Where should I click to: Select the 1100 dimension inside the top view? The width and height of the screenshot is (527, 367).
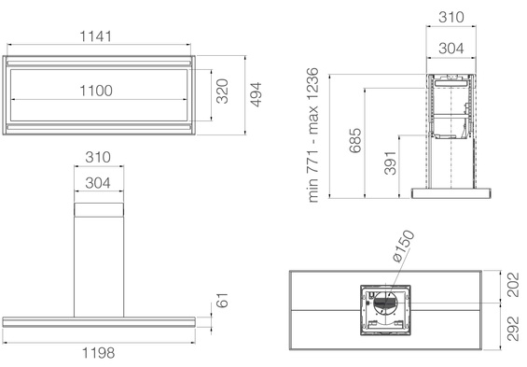tap(97, 91)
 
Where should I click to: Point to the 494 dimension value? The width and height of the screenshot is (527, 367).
tap(256, 95)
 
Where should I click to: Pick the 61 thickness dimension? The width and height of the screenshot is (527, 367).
tap(223, 302)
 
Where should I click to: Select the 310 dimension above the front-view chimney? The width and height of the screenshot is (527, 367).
tap(97, 157)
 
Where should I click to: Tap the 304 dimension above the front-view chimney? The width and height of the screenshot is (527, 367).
tap(97, 184)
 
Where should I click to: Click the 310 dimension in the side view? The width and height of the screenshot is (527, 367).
tap(450, 17)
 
